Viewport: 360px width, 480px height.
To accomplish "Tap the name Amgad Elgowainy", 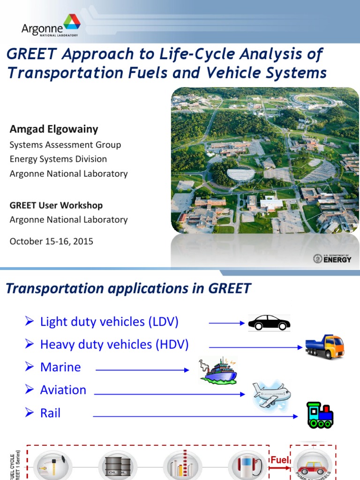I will click(x=54, y=129).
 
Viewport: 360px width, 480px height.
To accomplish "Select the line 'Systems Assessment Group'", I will click(x=65, y=145).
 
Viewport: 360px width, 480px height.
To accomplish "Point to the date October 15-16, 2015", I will click(x=51, y=241).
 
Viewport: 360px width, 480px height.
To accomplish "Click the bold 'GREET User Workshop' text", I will click(x=56, y=205).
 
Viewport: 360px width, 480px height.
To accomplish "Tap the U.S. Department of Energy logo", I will click(x=332, y=258).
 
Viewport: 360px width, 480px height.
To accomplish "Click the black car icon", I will click(x=269, y=322).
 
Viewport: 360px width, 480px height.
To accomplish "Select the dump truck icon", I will click(x=324, y=347).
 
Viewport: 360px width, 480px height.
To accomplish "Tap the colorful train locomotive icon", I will click(x=320, y=415).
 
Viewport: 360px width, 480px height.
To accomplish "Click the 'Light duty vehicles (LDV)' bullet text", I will click(x=109, y=322).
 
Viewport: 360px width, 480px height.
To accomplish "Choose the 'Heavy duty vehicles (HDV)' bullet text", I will click(x=114, y=345).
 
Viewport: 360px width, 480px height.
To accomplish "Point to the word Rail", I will click(x=50, y=413).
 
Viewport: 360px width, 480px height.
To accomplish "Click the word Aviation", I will click(x=63, y=390).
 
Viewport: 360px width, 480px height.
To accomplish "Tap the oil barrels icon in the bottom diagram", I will click(x=118, y=466).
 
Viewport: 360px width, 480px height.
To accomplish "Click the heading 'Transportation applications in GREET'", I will click(x=128, y=288).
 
